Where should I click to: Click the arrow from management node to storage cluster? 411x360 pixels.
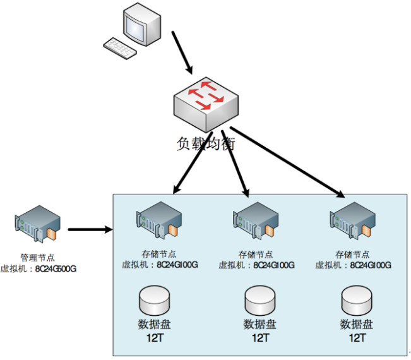pyautogui.click(x=88, y=229)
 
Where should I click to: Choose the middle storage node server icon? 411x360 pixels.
pyautogui.click(x=256, y=222)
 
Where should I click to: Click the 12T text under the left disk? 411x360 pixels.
pyautogui.click(x=154, y=338)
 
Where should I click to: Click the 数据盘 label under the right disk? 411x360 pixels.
pyautogui.click(x=356, y=325)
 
